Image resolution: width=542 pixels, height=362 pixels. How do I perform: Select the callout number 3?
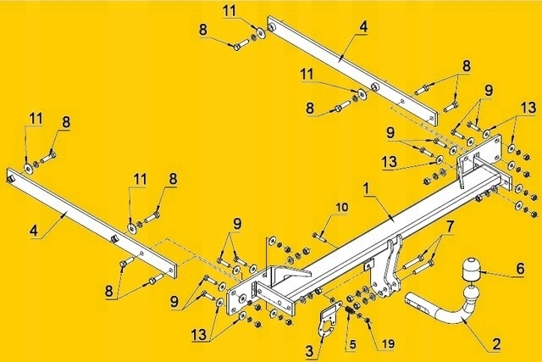coord(309,350)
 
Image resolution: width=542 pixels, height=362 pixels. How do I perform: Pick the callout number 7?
coord(450,226)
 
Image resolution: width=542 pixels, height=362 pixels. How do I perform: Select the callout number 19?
coord(389,344)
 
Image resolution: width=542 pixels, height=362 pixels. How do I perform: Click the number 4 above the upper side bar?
coord(362,27)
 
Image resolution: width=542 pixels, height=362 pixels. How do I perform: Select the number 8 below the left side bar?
coord(110,291)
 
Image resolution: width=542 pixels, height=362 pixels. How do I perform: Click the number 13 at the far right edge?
coord(528,108)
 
